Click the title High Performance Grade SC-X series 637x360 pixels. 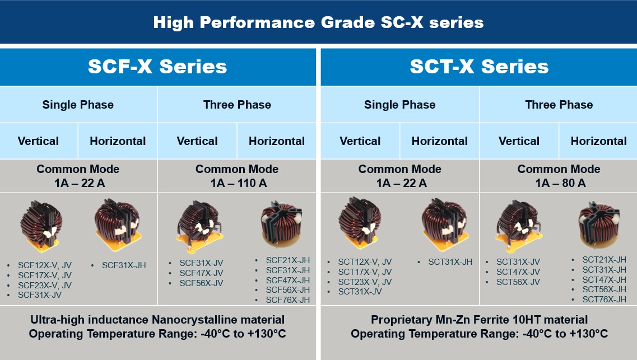318,22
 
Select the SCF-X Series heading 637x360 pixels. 157,67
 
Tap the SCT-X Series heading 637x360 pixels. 479,67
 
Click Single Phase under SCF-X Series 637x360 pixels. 78,105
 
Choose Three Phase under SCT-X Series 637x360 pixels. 559,105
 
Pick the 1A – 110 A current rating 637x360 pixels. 237,183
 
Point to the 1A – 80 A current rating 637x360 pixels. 559,183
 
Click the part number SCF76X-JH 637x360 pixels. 287,300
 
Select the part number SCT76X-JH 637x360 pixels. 604,300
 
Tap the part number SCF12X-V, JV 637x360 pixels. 45,265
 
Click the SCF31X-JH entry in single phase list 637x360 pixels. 124,265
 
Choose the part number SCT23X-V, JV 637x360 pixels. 365,282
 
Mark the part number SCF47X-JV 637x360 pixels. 201,273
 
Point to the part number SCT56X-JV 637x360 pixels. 518,282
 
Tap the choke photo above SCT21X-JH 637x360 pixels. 600,224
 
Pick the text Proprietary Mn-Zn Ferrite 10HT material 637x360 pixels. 479,320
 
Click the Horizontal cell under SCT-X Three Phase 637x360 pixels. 598,141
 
